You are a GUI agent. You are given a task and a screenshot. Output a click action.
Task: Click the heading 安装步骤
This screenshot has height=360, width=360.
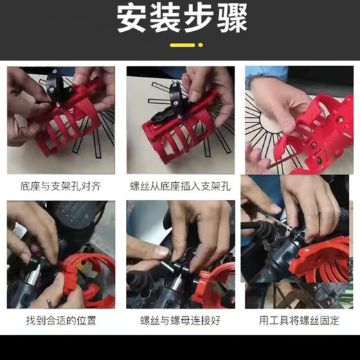click(182, 19)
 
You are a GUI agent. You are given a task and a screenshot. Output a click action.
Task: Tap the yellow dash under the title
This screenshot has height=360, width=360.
click(183, 45)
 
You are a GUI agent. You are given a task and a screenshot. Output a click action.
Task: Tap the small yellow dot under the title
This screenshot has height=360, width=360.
click(201, 45)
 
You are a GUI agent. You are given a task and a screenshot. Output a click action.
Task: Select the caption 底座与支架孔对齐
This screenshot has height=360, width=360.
click(61, 186)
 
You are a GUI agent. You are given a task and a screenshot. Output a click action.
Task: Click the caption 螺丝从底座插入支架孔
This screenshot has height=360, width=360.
click(180, 186)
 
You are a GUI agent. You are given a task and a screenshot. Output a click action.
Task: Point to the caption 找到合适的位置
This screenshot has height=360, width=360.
click(61, 321)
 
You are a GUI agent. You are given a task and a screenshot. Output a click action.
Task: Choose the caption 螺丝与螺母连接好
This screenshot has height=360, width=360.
click(180, 321)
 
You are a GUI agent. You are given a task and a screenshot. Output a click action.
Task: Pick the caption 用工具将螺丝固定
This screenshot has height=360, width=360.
click(299, 321)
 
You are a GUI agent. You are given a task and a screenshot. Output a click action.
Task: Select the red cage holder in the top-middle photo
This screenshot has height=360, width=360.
click(178, 129)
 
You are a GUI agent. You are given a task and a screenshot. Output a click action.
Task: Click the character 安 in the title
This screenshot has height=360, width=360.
click(132, 19)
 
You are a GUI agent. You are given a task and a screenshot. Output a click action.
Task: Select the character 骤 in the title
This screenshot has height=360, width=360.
click(233, 19)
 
